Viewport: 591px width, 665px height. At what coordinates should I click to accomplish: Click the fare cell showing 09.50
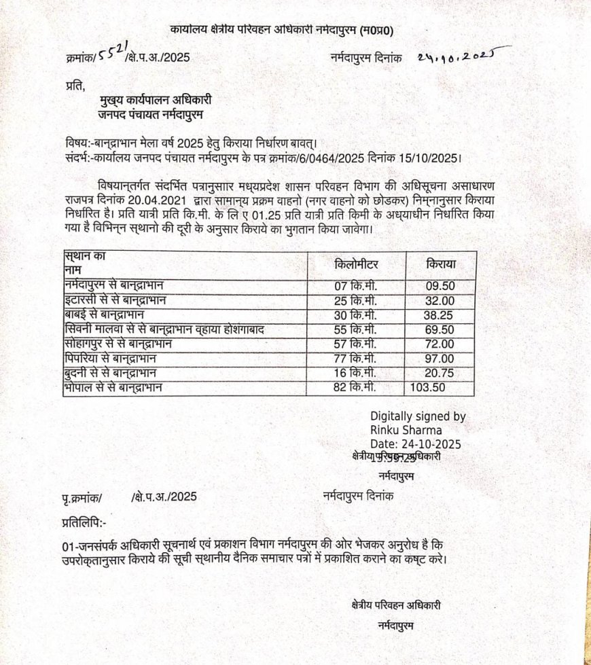(440, 285)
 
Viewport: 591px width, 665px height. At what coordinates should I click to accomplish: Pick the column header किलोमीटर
(357, 264)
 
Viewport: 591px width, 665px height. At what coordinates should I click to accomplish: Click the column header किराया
(441, 264)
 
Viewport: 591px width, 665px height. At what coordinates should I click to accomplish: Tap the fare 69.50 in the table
(440, 329)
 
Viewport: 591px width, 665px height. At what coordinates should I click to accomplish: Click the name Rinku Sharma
(406, 430)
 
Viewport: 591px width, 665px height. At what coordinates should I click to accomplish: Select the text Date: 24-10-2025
(416, 444)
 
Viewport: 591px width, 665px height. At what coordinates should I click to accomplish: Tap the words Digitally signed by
(418, 416)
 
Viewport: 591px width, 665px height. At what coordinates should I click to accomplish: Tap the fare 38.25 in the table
(440, 314)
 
